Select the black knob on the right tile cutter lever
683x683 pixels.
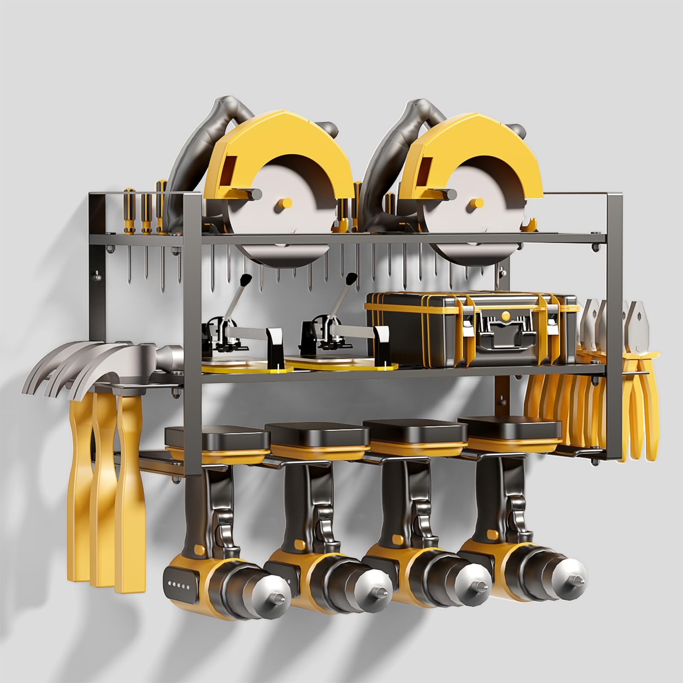352,279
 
